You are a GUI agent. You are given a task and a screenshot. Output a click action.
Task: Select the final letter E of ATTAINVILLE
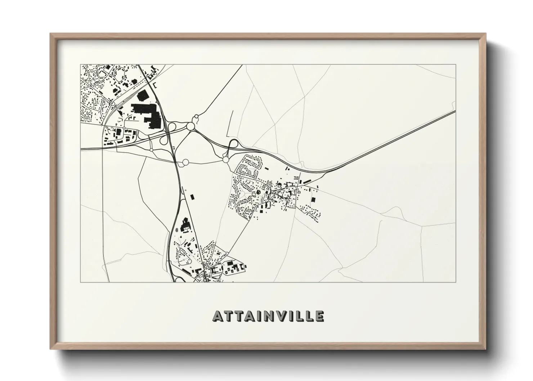(x=319, y=316)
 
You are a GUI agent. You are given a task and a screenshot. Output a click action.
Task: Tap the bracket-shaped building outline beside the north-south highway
(x=155, y=85)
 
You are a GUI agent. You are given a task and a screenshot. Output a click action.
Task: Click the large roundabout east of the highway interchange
(x=191, y=126)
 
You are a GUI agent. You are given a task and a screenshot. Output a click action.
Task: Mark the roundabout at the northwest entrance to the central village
(x=226, y=159)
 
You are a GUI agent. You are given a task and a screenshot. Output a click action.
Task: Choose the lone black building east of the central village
(x=313, y=199)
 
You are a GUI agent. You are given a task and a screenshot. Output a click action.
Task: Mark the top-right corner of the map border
(x=456, y=65)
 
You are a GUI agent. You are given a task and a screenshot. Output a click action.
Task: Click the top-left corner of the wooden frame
(x=51, y=34)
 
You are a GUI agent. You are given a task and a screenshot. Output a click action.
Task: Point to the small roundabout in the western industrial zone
(x=124, y=128)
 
